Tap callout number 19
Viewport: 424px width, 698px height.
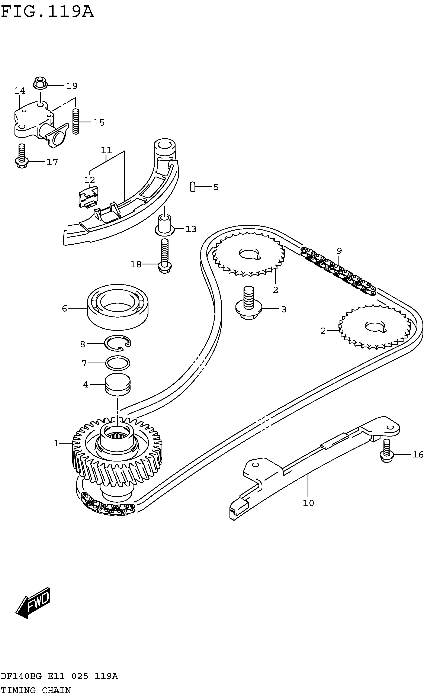pos(72,86)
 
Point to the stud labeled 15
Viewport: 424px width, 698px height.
pos(76,122)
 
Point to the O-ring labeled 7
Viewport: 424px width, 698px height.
pos(118,363)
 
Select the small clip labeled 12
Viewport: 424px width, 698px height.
pos(89,197)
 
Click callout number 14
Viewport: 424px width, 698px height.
pos(20,91)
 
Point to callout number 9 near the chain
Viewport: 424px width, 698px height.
pos(339,251)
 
